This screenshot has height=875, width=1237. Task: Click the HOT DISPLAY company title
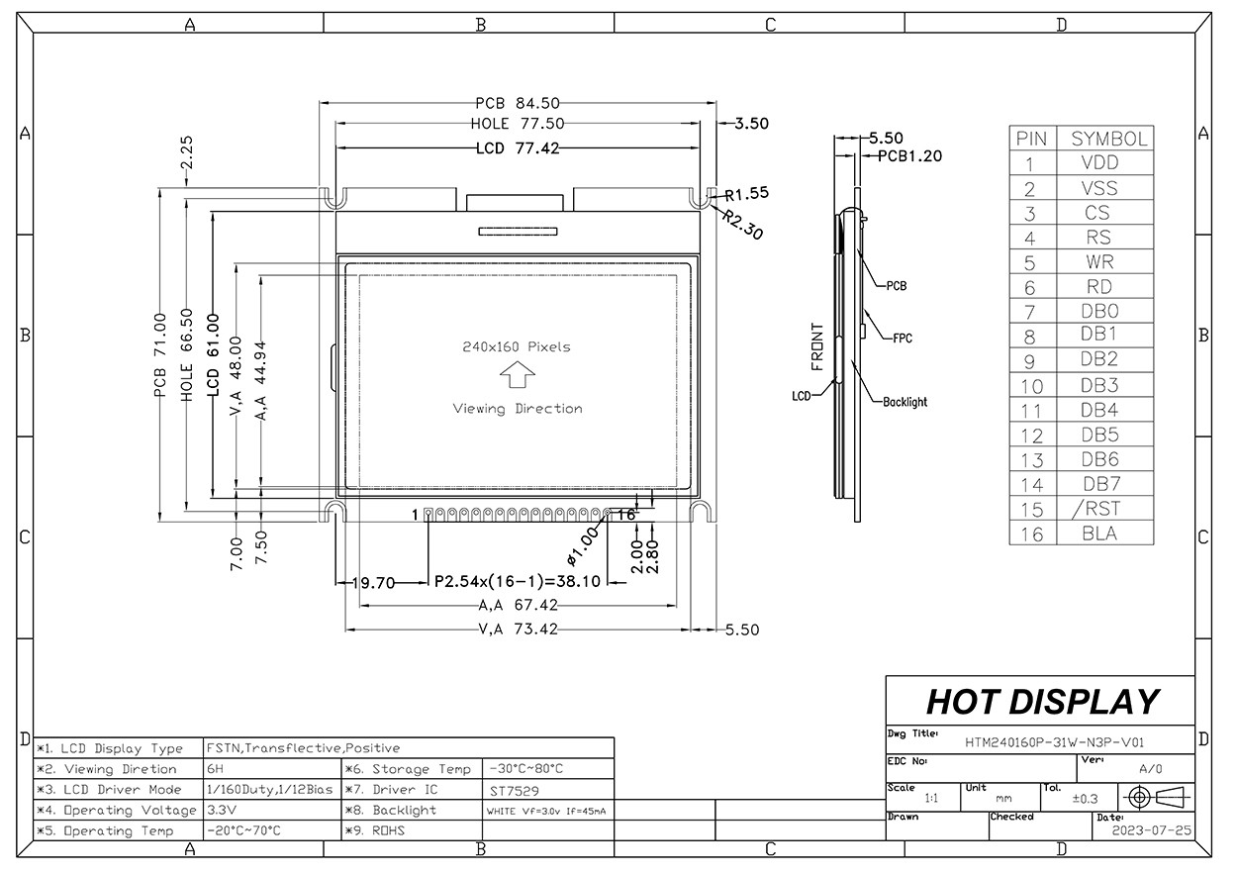coord(1041,702)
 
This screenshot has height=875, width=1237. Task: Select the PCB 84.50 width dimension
coord(518,102)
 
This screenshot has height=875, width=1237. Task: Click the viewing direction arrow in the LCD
coord(517,376)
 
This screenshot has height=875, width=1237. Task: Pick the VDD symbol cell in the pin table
coord(1100,163)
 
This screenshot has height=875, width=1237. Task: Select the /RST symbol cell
coord(1100,509)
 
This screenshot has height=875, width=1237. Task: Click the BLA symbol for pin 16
coord(1100,534)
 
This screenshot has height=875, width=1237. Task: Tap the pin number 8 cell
coord(1030,337)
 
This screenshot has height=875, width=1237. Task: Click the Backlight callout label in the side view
coord(904,403)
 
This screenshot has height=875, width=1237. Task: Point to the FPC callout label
coord(902,339)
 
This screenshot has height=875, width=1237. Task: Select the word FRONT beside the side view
coord(817,346)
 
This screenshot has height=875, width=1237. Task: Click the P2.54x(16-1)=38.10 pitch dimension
coord(517,582)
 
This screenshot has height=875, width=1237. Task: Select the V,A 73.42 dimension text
coord(519,629)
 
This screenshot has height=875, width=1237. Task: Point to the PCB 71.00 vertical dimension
coord(160,356)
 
